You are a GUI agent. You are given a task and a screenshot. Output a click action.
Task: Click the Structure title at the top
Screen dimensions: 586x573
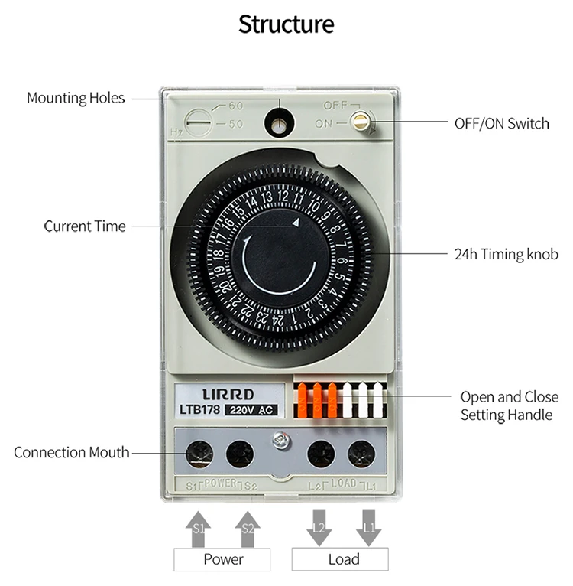pos(286,24)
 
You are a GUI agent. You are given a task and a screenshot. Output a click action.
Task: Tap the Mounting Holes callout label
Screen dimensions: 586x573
pos(75,98)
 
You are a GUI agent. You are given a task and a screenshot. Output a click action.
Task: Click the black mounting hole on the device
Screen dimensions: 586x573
pos(280,121)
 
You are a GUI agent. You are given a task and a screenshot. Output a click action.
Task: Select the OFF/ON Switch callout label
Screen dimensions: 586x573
pos(501,123)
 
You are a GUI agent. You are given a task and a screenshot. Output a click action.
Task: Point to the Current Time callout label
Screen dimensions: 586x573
pos(85,226)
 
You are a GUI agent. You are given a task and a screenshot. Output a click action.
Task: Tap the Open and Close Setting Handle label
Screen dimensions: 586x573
pos(508,406)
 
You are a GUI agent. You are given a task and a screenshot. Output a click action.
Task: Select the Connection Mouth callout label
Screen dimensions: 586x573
pos(71,452)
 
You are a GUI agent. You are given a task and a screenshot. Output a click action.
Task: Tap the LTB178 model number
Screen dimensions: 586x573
pos(200,410)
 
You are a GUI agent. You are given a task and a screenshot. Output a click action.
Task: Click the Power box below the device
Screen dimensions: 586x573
pos(222,559)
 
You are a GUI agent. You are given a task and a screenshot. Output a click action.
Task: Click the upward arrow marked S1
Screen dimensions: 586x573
pos(199,527)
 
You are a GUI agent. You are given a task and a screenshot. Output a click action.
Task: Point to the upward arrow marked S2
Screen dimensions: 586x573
pos(248,527)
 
